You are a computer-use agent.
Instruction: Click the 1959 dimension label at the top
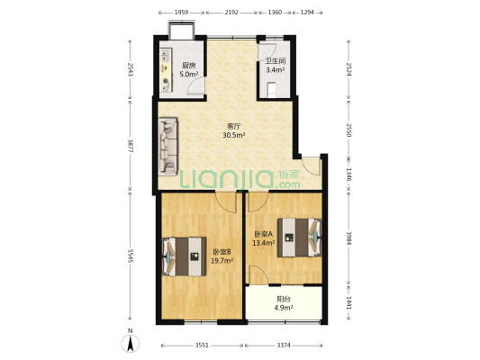[x=181, y=13]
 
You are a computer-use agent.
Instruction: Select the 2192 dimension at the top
[x=231, y=13]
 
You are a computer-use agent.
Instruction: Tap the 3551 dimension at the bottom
[x=202, y=346]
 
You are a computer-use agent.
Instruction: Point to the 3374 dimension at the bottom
[x=284, y=346]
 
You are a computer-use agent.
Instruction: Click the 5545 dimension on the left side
[x=131, y=256]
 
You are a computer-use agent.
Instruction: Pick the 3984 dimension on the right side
[x=349, y=238]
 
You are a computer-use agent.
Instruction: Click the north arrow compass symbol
[x=131, y=343]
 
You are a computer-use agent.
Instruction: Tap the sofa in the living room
[x=168, y=147]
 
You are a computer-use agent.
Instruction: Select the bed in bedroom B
[x=184, y=256]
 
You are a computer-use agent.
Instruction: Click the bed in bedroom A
[x=299, y=238]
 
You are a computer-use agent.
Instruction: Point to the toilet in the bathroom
[x=272, y=90]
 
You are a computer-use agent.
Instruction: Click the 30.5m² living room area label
[x=234, y=135]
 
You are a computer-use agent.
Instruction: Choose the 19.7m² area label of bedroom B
[x=222, y=261]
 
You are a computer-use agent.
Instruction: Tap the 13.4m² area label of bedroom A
[x=263, y=243]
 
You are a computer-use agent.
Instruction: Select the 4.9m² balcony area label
[x=284, y=308]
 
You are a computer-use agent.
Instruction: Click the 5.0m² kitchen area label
[x=188, y=74]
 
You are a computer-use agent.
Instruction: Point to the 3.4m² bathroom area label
[x=276, y=69]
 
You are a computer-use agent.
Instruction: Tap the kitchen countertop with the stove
[x=166, y=71]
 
